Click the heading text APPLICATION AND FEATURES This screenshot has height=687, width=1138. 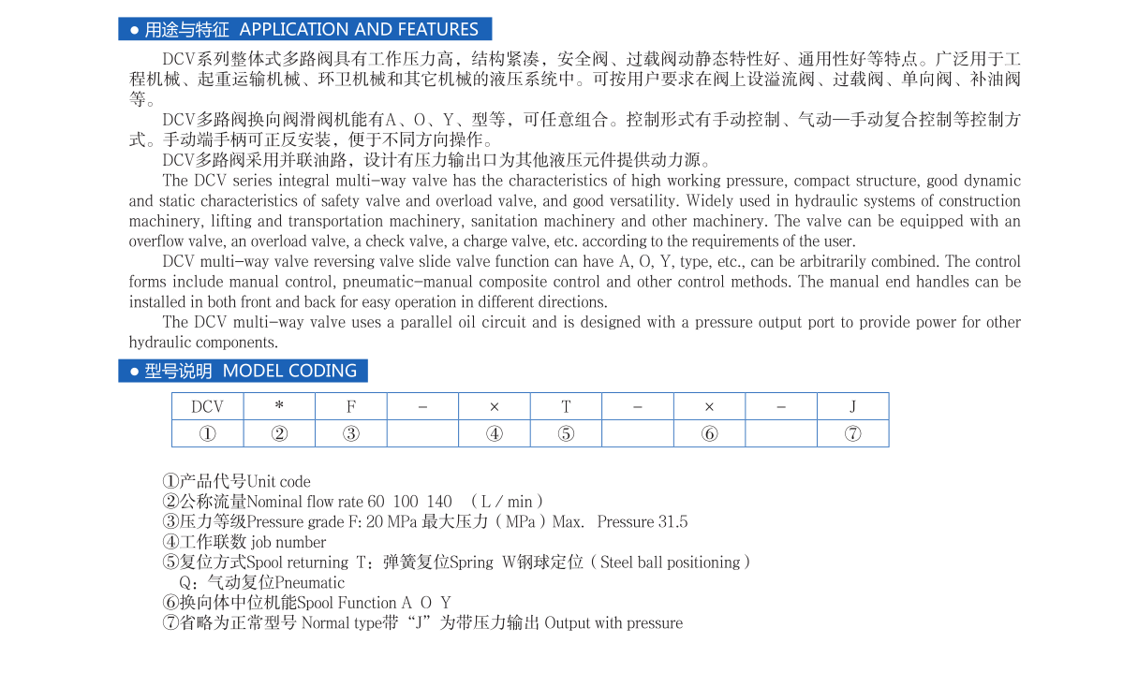[359, 30]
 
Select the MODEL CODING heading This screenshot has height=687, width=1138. [289, 371]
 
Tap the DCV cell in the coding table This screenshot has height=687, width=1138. [207, 406]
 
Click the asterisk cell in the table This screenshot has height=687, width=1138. [279, 406]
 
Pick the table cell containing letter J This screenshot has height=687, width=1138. [852, 406]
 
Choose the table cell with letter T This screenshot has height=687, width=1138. [566, 406]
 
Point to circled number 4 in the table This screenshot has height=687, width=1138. [494, 433]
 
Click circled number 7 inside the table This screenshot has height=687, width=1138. [852, 433]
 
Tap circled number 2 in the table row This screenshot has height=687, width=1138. [279, 433]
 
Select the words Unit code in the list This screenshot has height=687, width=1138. [278, 482]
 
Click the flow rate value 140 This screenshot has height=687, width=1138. [438, 502]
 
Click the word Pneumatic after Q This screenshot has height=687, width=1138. [309, 583]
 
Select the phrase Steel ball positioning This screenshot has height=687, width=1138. [670, 563]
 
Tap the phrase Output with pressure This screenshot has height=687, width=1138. [613, 623]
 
